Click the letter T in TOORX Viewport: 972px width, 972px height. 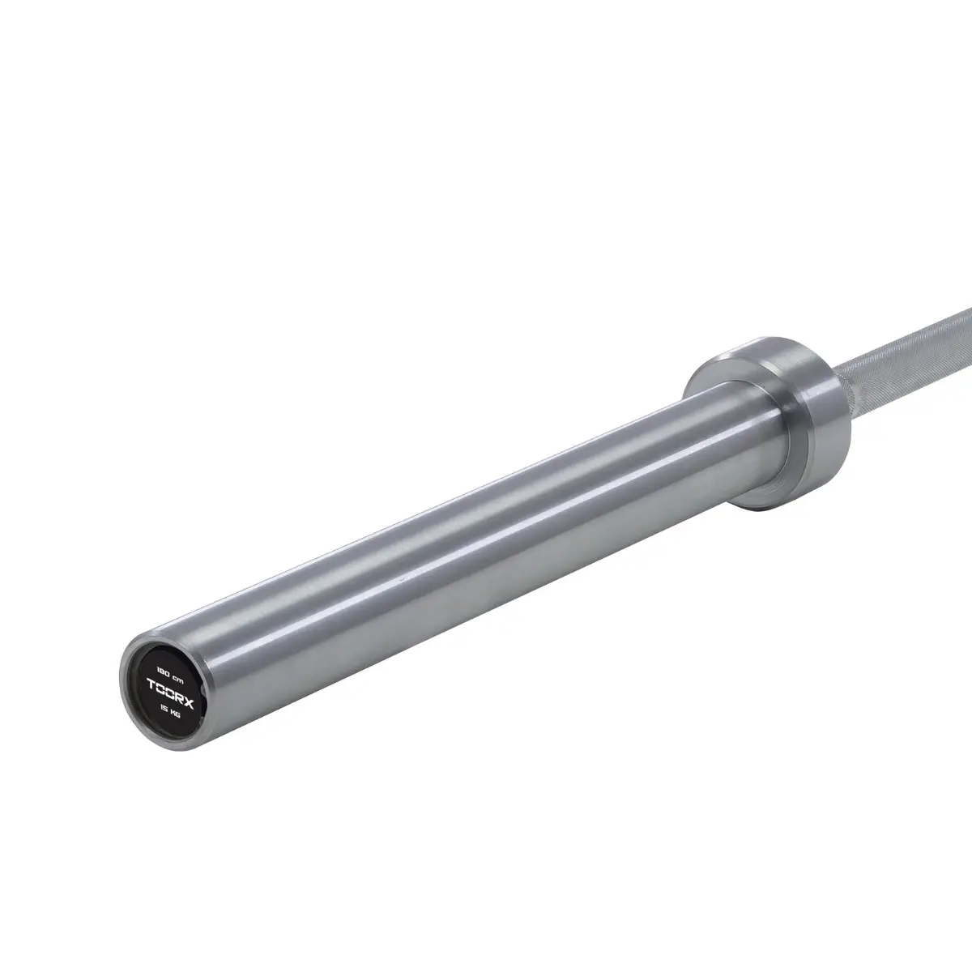pyautogui.click(x=151, y=683)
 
